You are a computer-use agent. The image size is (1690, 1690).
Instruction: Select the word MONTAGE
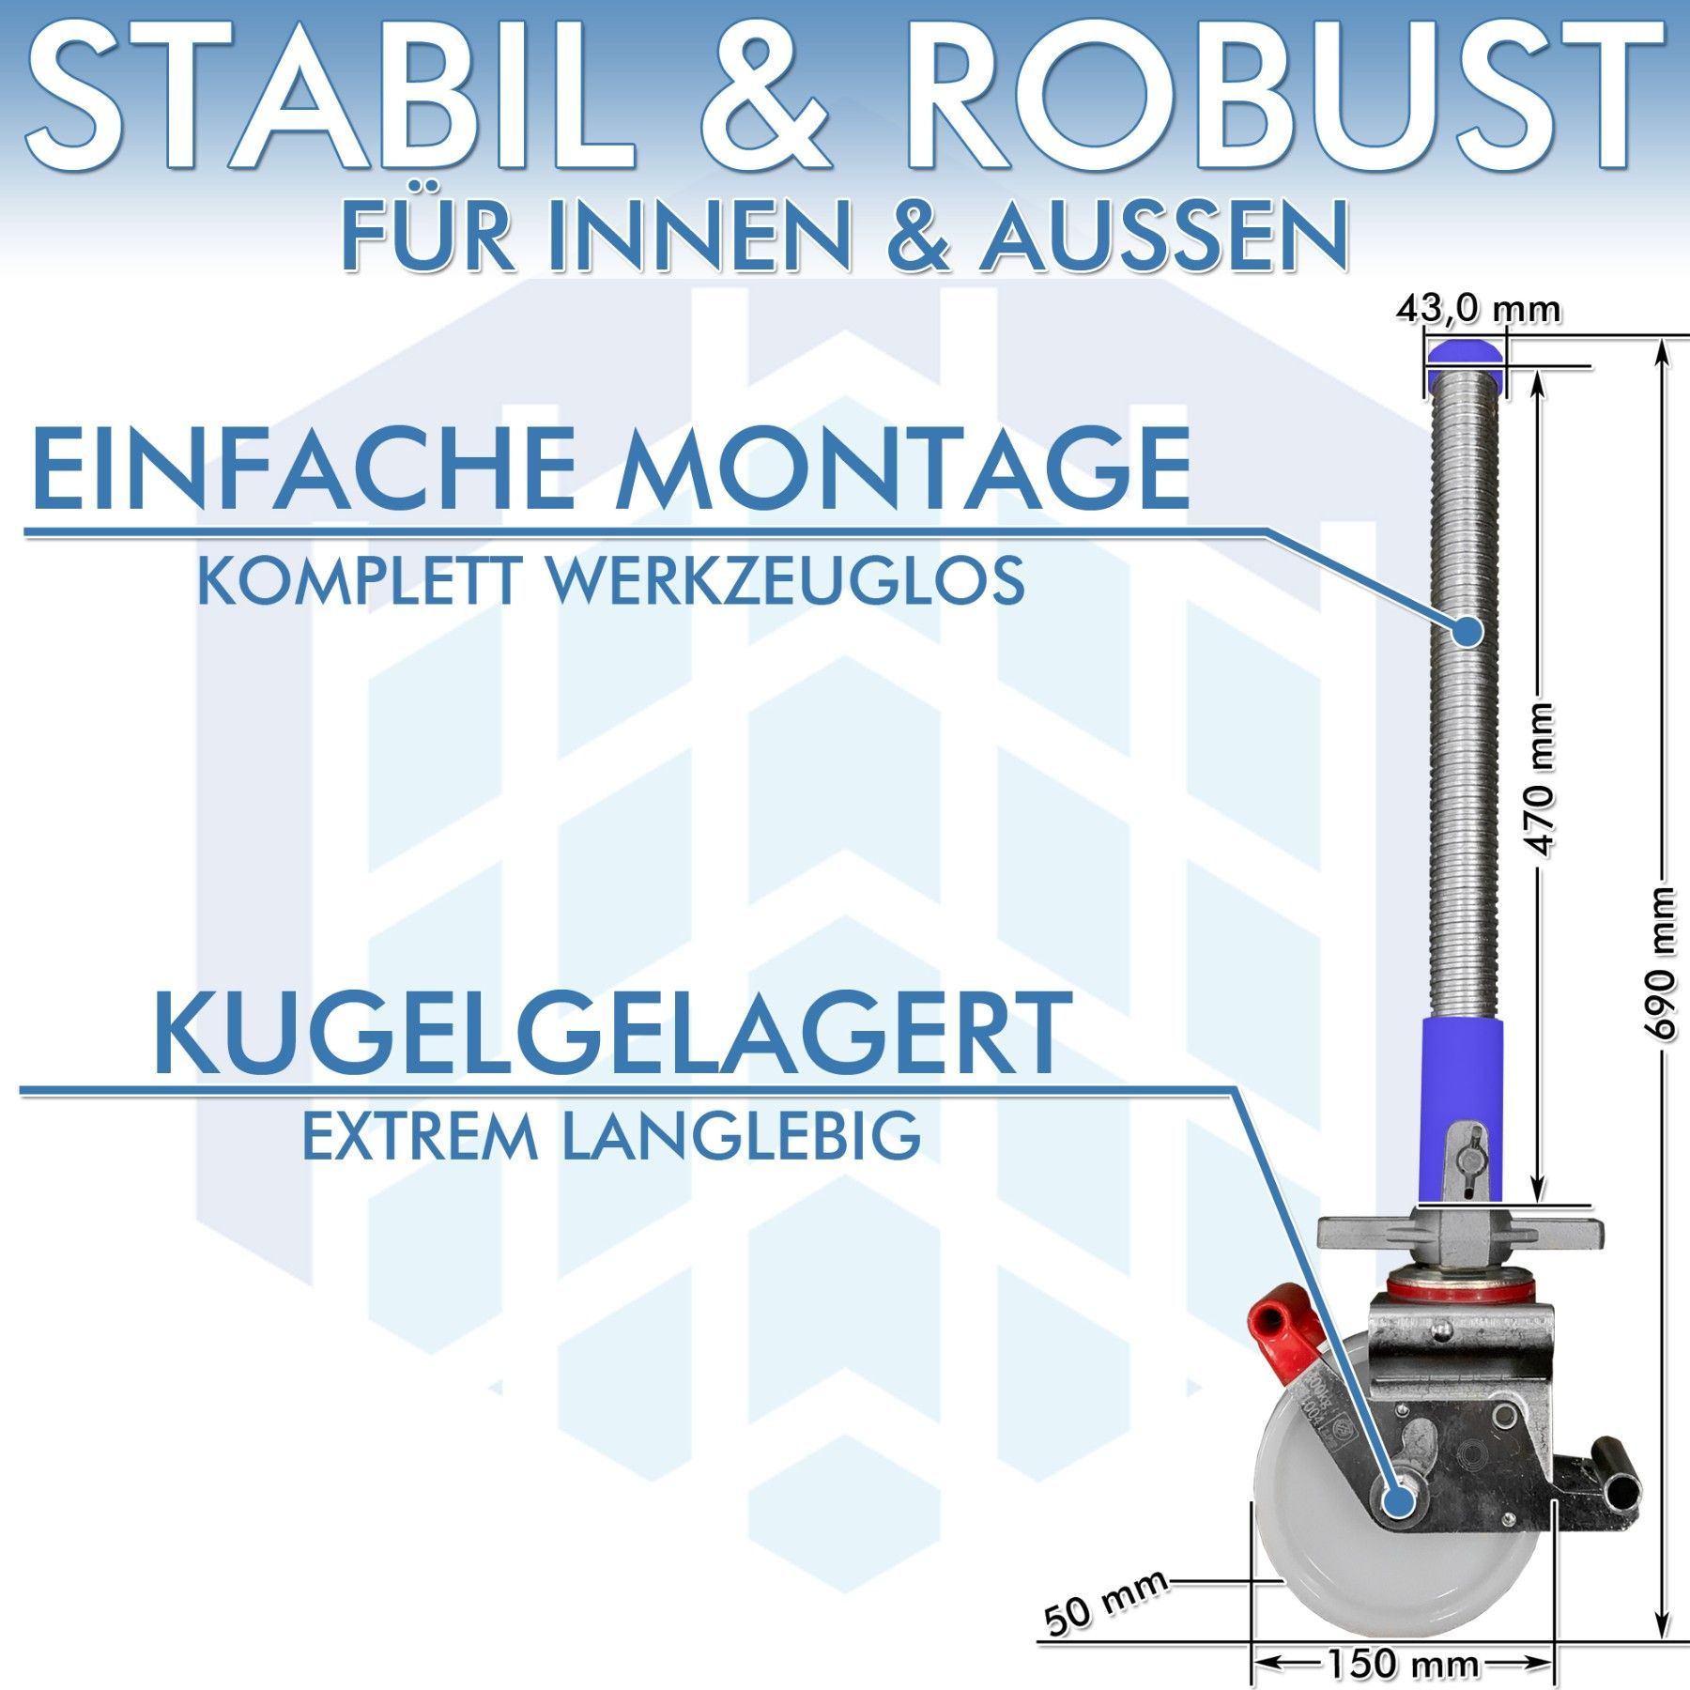(x=902, y=466)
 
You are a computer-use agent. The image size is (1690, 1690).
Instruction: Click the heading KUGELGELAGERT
(x=611, y=1034)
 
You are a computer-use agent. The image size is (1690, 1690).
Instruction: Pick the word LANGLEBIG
(x=741, y=1136)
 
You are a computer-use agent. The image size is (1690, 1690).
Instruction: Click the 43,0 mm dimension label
(x=1479, y=309)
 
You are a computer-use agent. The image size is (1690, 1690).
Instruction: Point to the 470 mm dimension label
(x=1541, y=779)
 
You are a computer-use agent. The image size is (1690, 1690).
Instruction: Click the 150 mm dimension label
(x=1403, y=1665)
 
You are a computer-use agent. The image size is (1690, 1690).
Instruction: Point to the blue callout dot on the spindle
(x=1467, y=631)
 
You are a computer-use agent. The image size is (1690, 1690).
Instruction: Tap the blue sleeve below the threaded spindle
(x=1463, y=1108)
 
